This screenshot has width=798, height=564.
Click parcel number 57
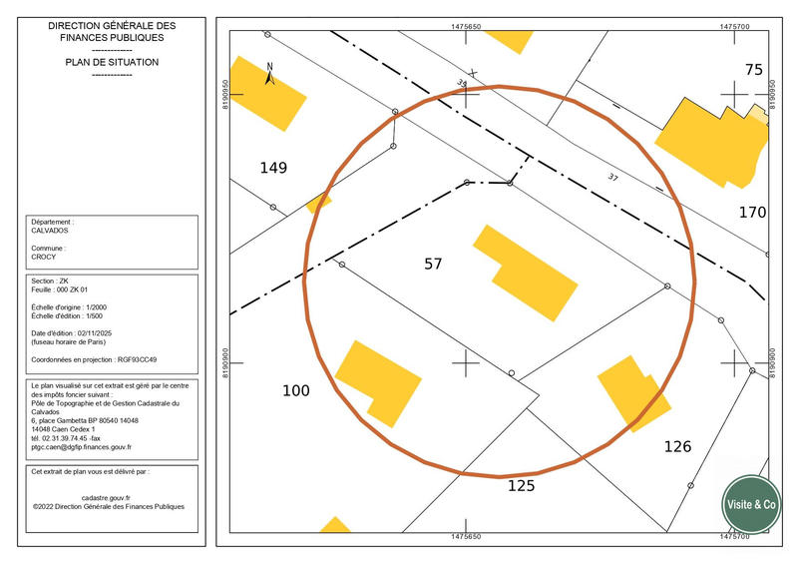pyautogui.click(x=433, y=264)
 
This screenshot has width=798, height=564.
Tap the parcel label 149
pyautogui.click(x=273, y=168)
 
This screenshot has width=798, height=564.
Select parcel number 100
pyautogui.click(x=295, y=390)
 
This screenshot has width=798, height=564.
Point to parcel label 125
pyautogui.click(x=521, y=485)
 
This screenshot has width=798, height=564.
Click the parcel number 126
pyautogui.click(x=677, y=447)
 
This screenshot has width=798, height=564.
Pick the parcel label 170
pyautogui.click(x=752, y=212)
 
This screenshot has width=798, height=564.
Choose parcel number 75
pyautogui.click(x=754, y=70)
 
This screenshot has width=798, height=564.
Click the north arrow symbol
pyautogui.click(x=269, y=74)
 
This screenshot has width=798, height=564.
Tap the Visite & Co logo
pyautogui.click(x=751, y=504)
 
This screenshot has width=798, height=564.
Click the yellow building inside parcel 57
pyautogui.click(x=526, y=274)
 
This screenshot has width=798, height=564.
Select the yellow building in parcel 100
pyautogui.click(x=378, y=383)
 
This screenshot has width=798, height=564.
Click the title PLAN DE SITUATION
pyautogui.click(x=112, y=62)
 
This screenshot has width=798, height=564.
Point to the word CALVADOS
pyautogui.click(x=49, y=231)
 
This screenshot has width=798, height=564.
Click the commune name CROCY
pyautogui.click(x=43, y=257)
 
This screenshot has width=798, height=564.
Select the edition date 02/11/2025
pyautogui.click(x=95, y=333)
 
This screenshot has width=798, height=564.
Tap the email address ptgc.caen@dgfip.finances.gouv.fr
pyautogui.click(x=82, y=447)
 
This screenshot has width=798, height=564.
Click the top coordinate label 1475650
pyautogui.click(x=466, y=27)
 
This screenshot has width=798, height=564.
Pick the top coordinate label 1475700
pyautogui.click(x=734, y=27)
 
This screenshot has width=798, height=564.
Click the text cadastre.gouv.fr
pyautogui.click(x=106, y=498)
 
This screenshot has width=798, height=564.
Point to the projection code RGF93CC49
pyautogui.click(x=137, y=359)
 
